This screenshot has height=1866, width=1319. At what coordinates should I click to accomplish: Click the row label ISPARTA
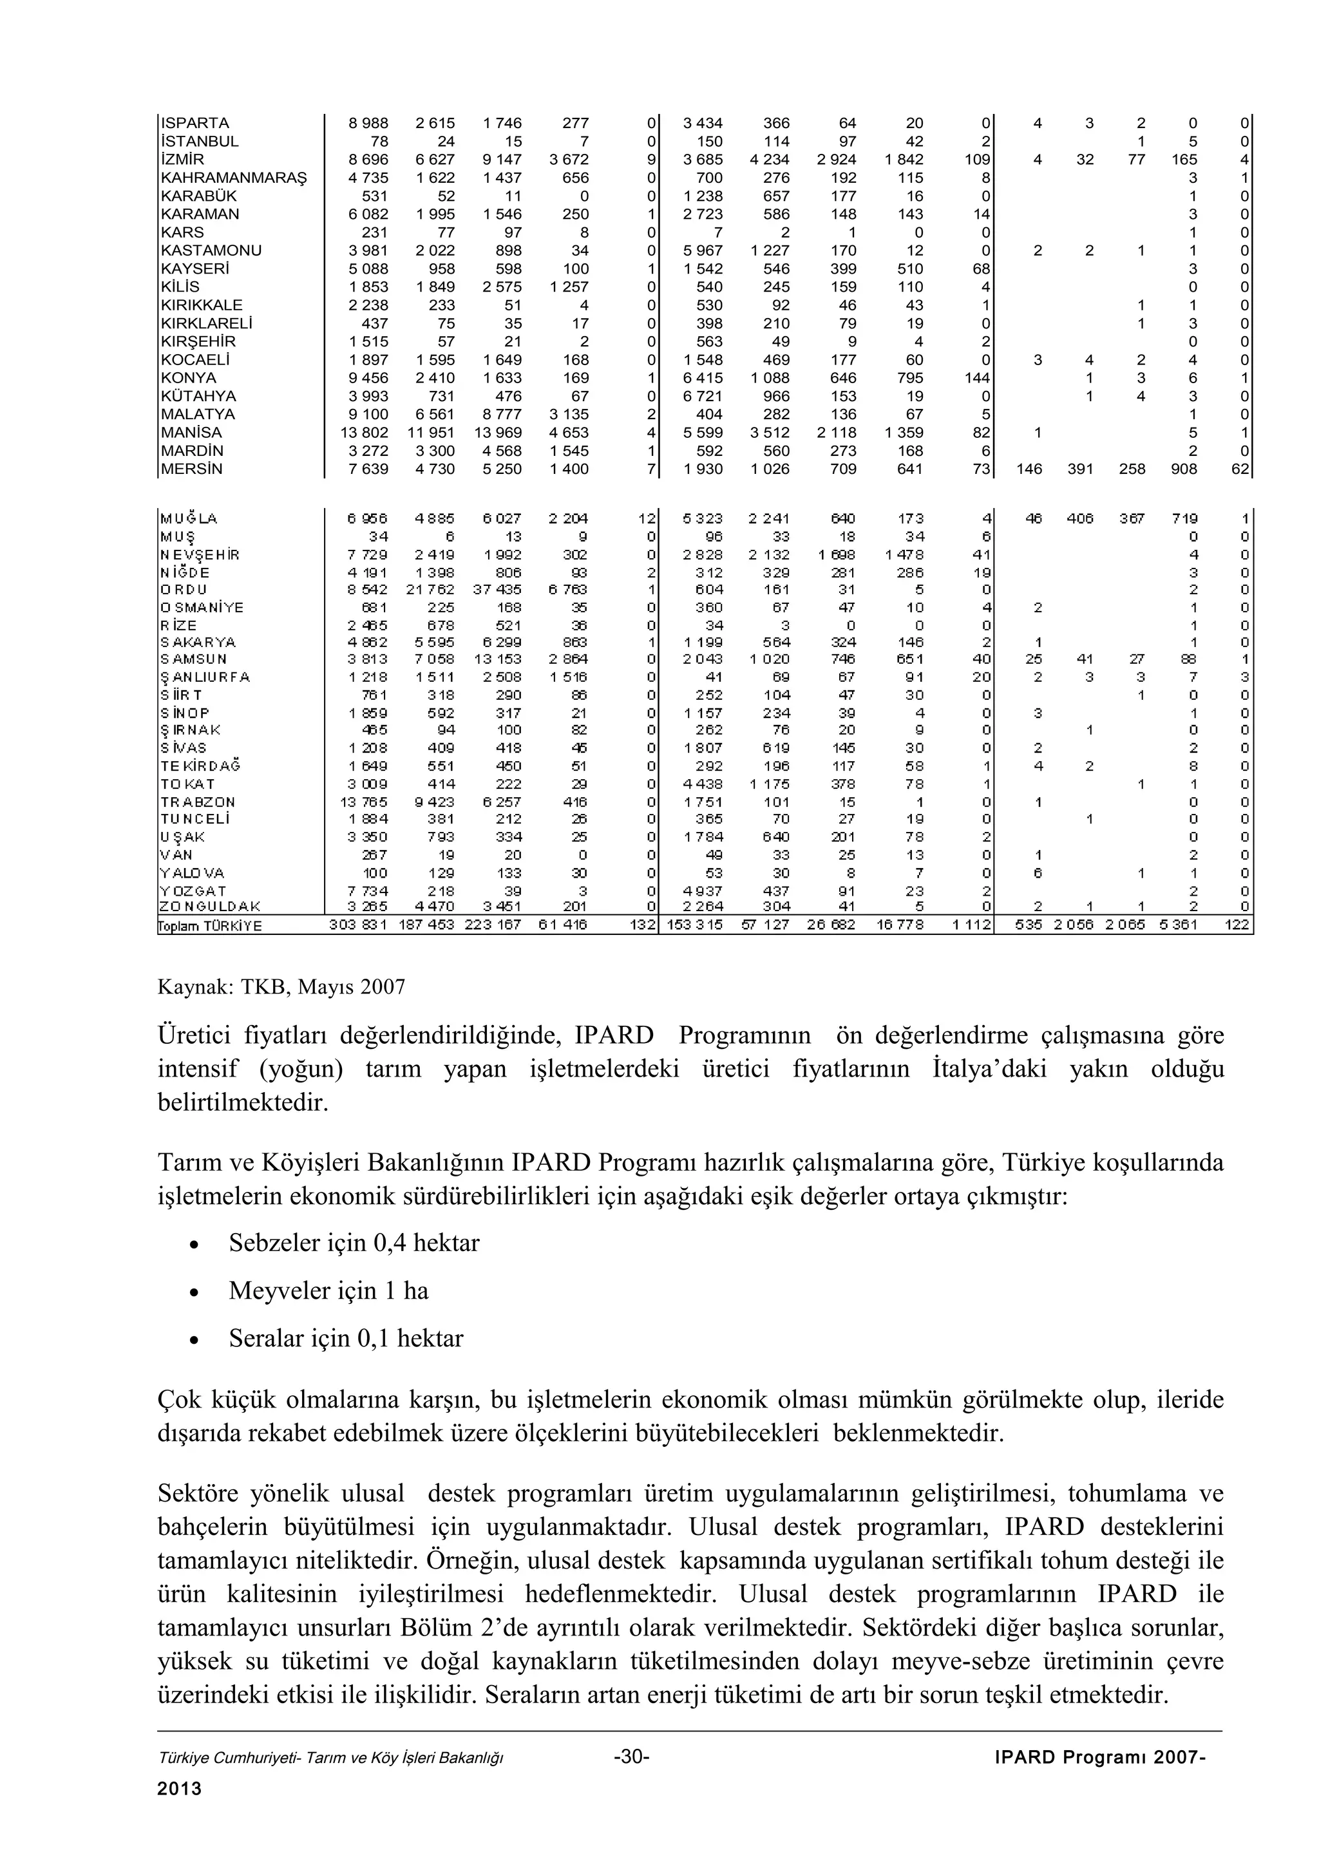pos(195,124)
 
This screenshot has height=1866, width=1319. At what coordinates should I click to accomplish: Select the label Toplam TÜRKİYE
pos(211,926)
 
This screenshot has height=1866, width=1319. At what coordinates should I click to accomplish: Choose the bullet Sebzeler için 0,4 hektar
pos(354,1243)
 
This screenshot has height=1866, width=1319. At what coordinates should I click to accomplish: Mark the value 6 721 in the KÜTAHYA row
pos(703,397)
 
